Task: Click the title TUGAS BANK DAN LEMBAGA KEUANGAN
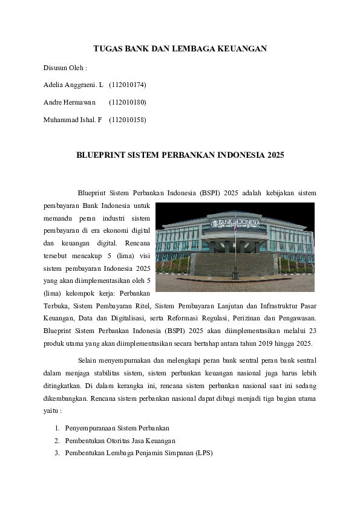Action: (x=180, y=48)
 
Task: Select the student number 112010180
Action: (x=128, y=102)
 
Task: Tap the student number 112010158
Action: (x=128, y=120)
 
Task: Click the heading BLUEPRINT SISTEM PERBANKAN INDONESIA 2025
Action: (x=180, y=155)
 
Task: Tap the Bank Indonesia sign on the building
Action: (x=235, y=223)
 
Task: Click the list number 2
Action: (x=57, y=440)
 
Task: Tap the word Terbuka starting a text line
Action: (x=57, y=306)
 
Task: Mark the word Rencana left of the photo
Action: (x=138, y=243)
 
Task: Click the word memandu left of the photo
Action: (x=57, y=218)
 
